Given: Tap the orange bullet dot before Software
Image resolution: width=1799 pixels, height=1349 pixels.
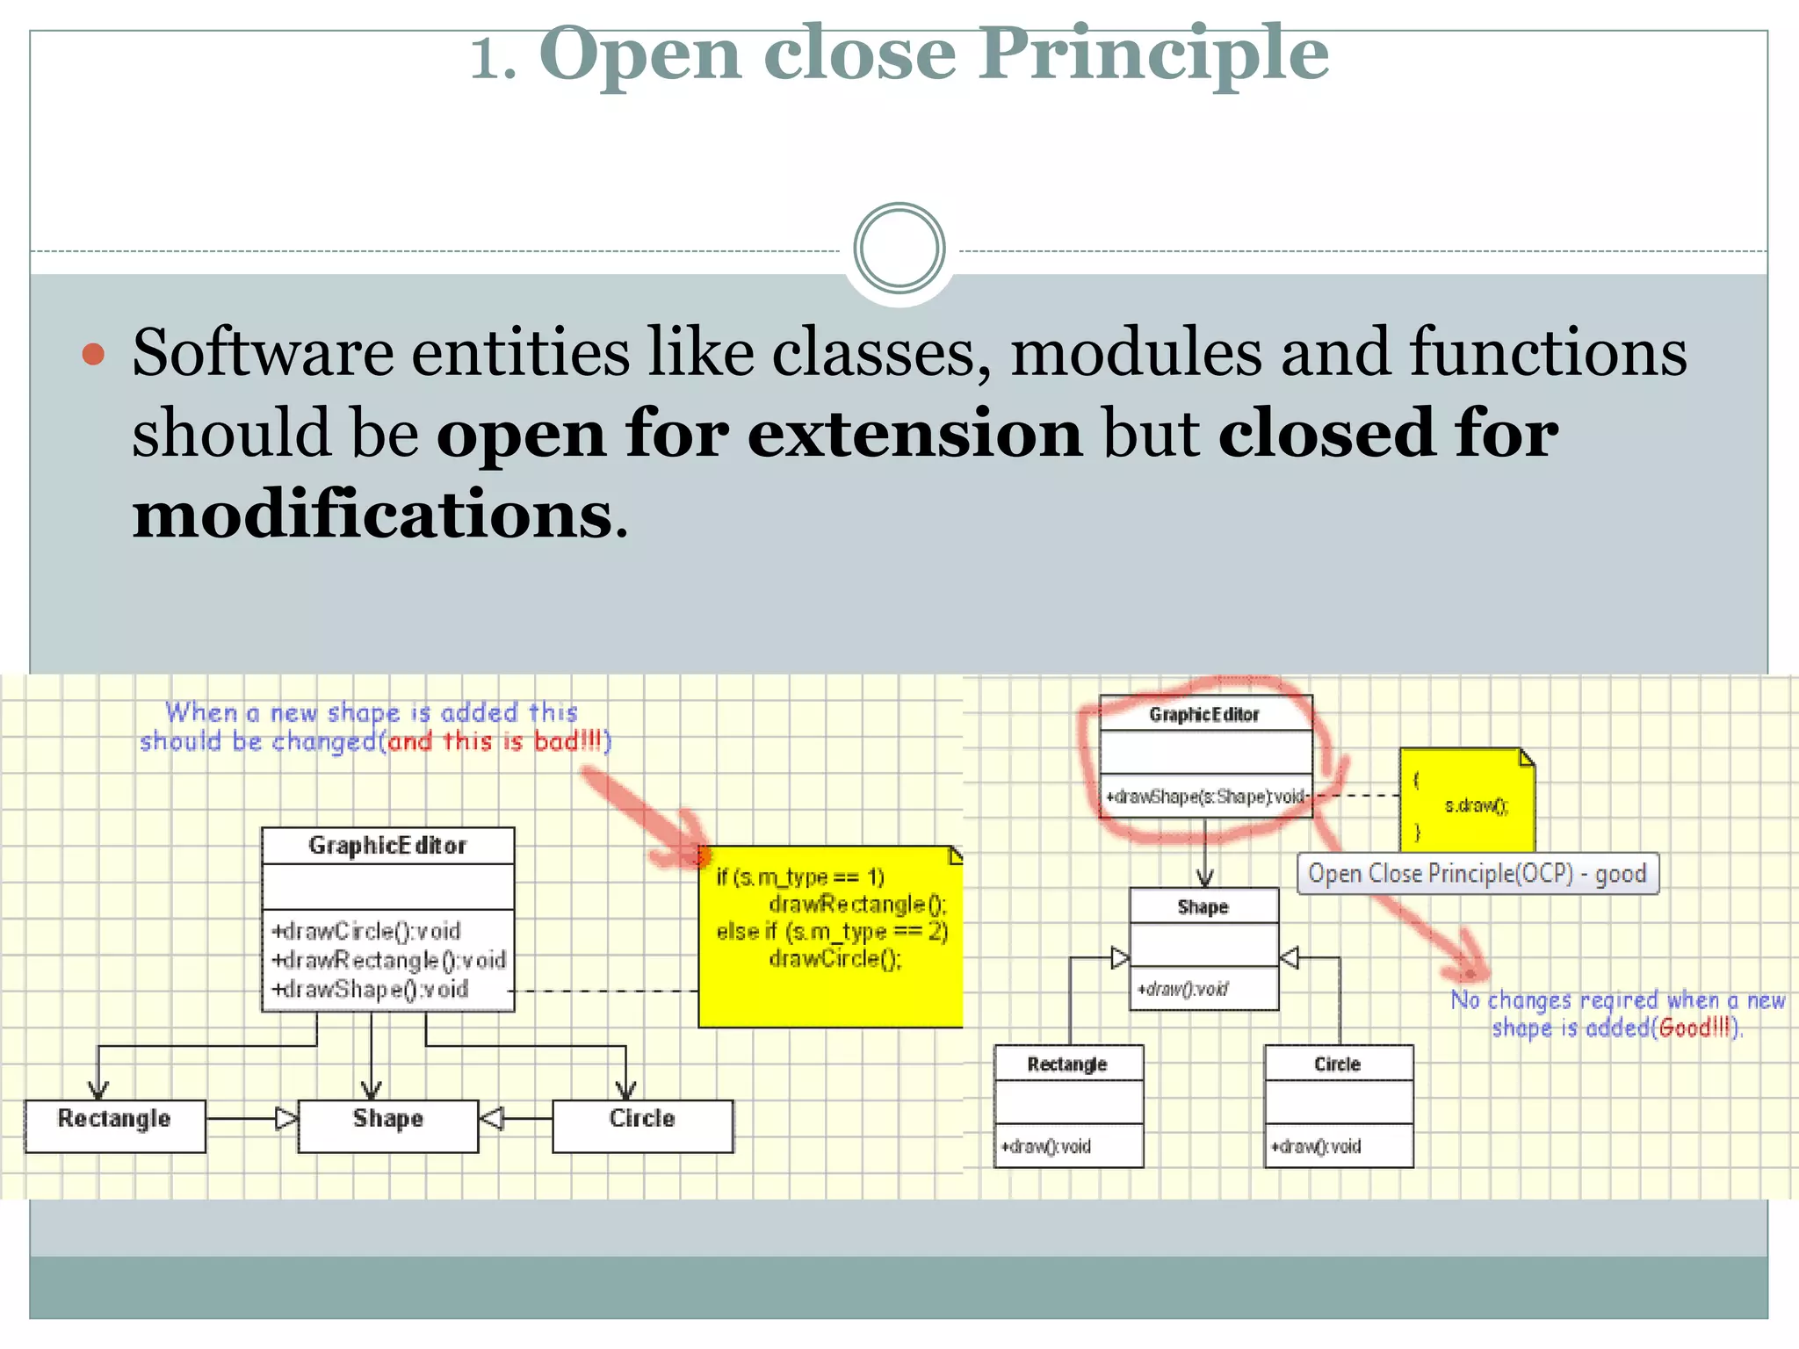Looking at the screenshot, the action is pos(93,355).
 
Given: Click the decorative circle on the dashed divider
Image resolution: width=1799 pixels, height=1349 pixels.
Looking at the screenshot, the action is pos(899,249).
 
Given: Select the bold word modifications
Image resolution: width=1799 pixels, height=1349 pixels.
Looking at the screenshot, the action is pos(372,515).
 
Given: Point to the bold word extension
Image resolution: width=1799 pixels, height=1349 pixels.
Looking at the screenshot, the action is pos(914,434).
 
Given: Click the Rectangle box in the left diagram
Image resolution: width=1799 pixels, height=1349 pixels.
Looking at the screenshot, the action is pos(115,1124).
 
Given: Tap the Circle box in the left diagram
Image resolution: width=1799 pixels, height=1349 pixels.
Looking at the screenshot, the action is pos(642,1124).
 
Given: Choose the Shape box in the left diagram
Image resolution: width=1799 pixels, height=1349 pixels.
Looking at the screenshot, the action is pos(388,1124).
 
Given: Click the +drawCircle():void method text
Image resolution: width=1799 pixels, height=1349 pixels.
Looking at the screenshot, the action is pos(366,930).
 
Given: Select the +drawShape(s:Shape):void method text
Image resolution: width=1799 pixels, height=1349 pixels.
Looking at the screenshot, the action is pos(1205,797).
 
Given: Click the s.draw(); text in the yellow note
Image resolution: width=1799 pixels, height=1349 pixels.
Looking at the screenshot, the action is pos(1477,805).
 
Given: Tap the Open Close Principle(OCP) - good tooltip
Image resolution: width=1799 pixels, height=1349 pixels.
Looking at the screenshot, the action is pos(1477,874).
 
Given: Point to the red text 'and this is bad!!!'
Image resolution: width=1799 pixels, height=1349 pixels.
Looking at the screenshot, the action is pos(496,741).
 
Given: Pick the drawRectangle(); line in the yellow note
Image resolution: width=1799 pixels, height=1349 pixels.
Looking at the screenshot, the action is pos(857,904).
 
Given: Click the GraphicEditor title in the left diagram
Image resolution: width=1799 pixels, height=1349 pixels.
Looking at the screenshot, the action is pos(387,845).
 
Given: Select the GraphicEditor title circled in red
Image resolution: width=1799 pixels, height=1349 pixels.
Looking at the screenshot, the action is pos(1204,715).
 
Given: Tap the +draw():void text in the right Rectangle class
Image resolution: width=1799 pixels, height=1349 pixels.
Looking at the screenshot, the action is pos(1046,1146).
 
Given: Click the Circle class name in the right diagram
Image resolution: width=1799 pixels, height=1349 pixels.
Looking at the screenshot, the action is pos(1338,1064).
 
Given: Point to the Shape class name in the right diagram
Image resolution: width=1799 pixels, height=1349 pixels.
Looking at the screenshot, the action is pos(1203,907).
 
